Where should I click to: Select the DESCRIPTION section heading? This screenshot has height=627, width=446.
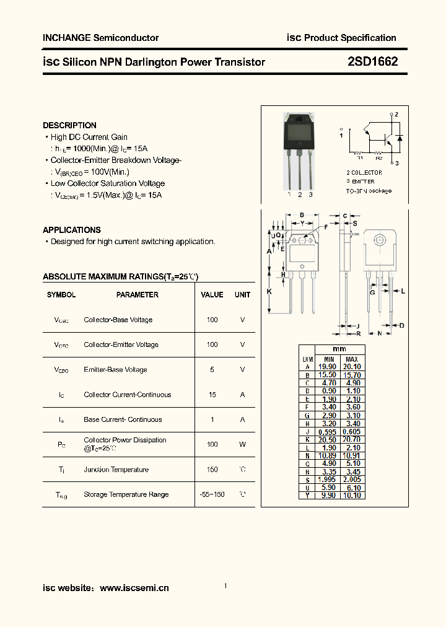click(69, 125)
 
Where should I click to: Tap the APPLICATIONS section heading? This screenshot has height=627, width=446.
click(71, 230)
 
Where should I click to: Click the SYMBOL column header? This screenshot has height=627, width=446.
click(61, 295)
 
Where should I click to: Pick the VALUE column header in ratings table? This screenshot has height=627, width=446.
click(212, 295)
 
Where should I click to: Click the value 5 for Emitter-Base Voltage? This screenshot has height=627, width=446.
click(212, 370)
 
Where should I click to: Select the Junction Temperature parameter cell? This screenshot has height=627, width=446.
click(116, 470)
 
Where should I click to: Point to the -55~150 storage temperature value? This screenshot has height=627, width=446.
click(212, 494)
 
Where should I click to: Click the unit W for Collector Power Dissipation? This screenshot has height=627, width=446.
click(242, 444)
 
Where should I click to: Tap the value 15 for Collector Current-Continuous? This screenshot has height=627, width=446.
click(212, 395)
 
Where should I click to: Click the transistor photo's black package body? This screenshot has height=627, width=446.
click(300, 133)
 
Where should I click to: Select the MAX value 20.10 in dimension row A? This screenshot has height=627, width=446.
click(351, 367)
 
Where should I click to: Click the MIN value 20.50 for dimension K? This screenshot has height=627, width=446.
click(328, 439)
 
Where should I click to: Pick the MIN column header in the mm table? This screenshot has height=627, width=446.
click(328, 359)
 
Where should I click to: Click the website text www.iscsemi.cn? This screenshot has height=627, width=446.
click(134, 588)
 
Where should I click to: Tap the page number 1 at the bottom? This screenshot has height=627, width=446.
click(225, 586)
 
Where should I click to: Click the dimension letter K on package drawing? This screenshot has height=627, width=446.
click(269, 291)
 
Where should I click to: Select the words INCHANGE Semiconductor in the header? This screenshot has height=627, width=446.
click(100, 38)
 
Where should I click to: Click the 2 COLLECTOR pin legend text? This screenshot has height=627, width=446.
click(364, 173)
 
